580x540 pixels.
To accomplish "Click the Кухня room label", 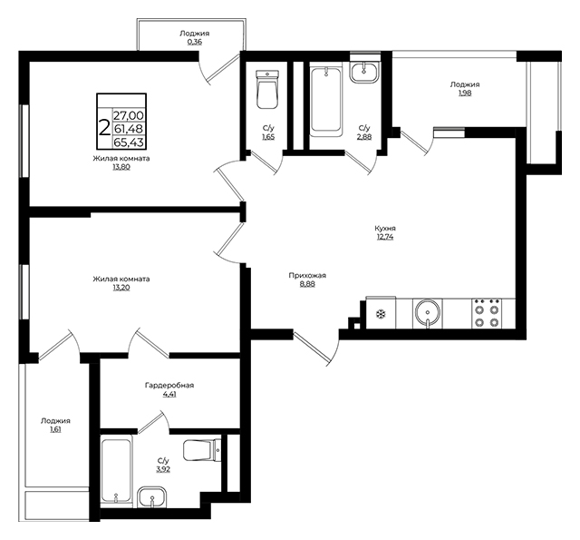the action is click(385, 228).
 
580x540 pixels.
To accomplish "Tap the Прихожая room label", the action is click(307, 276).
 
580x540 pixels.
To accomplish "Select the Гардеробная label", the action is click(169, 386).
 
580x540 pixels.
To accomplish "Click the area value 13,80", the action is click(121, 167).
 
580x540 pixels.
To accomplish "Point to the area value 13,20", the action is click(121, 288).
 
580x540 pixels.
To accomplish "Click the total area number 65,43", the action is click(129, 142).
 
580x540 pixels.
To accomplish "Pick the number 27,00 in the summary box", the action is click(129, 116).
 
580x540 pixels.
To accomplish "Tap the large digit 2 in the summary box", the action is click(105, 128).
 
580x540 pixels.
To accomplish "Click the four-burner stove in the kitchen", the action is click(487, 313).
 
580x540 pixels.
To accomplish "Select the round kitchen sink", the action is click(428, 313).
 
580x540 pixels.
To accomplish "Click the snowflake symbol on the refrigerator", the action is click(381, 315).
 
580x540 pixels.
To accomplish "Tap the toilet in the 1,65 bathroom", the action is click(267, 89).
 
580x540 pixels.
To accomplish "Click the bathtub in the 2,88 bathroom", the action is click(326, 99).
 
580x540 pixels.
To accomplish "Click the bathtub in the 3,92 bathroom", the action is click(116, 471).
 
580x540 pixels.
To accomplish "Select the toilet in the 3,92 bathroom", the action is click(202, 450).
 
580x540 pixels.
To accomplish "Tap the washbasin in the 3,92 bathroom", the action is click(152, 497).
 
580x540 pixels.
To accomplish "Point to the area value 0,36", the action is click(195, 42).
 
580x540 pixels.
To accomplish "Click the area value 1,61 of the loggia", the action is click(55, 429).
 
